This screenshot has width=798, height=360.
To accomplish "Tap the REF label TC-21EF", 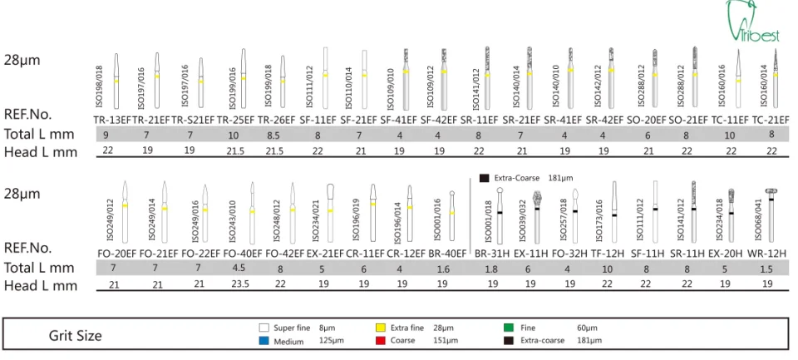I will pyautogui.click(x=770, y=119).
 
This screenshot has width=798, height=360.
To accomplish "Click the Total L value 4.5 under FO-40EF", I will pyautogui.click(x=238, y=269).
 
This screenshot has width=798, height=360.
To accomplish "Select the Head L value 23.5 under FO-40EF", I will pyautogui.click(x=241, y=284).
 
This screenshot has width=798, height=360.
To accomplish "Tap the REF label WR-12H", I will pyautogui.click(x=766, y=253).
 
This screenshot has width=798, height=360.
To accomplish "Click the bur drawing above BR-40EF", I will pyautogui.click(x=451, y=214).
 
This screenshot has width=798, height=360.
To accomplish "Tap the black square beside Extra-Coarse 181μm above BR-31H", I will pyautogui.click(x=484, y=177).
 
